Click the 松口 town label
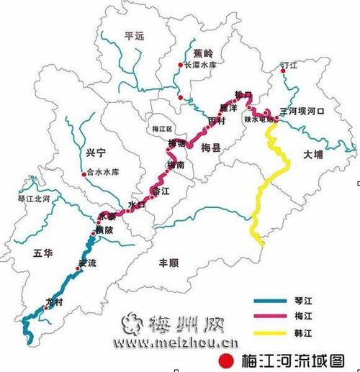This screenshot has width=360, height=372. click(243, 95)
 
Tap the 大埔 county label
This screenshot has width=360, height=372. click(314, 155)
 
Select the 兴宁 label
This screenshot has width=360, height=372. click(95, 153)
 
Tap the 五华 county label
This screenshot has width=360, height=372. click(43, 253)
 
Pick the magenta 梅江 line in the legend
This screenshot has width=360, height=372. click(270, 319)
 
